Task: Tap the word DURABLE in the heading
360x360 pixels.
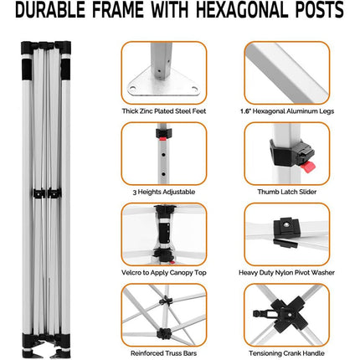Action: (x=50, y=10)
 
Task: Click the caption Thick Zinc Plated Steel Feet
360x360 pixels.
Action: (x=164, y=111)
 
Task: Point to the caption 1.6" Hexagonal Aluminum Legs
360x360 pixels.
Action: (x=287, y=111)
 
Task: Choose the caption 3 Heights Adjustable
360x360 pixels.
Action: (x=164, y=192)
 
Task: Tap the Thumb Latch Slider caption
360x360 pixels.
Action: (x=287, y=192)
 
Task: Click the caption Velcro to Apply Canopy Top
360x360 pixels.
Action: (x=164, y=273)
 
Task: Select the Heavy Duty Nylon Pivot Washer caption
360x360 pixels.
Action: (x=286, y=273)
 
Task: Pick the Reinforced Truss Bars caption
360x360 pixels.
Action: (x=164, y=353)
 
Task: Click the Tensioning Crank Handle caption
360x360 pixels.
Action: (x=286, y=353)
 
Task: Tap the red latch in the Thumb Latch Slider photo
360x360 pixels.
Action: (x=308, y=167)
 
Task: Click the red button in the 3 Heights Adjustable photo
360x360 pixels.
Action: (x=162, y=138)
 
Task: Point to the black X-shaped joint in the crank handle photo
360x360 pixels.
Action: (x=290, y=315)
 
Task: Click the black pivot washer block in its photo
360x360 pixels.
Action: (x=286, y=227)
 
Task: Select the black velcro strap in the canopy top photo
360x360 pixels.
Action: (x=165, y=233)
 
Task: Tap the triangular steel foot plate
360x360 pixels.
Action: (x=163, y=84)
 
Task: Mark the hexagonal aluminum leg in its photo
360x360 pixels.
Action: (x=287, y=73)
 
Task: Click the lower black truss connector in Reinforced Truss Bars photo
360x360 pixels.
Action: (x=164, y=333)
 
